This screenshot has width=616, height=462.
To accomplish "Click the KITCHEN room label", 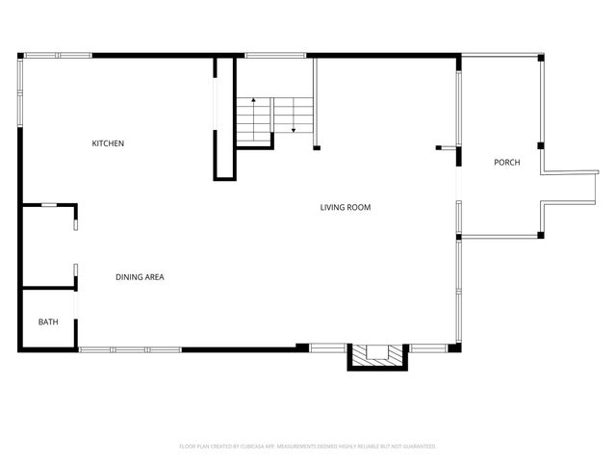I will click(108, 143).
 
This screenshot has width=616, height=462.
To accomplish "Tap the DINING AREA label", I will click(140, 277).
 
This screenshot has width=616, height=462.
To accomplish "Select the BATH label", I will click(47, 321).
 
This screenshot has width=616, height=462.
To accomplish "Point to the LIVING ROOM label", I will click(346, 207).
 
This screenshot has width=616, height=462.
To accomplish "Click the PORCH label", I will click(507, 163).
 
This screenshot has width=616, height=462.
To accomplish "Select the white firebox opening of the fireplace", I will click(377, 353).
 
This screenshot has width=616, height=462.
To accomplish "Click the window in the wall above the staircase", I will click(269, 55).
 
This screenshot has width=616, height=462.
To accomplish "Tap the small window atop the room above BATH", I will click(56, 204).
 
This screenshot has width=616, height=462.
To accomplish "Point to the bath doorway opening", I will click(76, 306).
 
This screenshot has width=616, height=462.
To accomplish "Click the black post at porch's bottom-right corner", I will click(542, 234).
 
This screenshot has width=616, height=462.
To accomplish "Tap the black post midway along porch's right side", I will click(542, 146).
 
